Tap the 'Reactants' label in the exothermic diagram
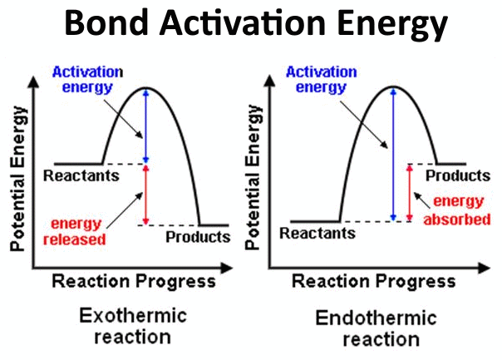click(x=81, y=176)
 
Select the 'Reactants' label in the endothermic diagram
click(x=317, y=234)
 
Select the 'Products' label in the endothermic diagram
click(x=457, y=176)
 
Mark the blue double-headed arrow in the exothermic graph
click(x=146, y=125)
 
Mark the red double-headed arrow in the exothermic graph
click(x=146, y=195)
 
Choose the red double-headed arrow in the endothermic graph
click(x=407, y=192)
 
